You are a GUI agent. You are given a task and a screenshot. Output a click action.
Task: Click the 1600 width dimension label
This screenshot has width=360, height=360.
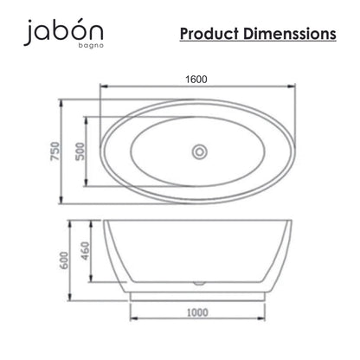[x=196, y=80]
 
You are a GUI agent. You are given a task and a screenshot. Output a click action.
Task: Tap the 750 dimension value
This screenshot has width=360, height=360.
[x=55, y=151]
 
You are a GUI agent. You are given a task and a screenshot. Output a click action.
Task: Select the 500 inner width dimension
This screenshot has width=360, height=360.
[x=80, y=151]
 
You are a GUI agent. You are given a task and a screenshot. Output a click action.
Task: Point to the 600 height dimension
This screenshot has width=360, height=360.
[x=64, y=260]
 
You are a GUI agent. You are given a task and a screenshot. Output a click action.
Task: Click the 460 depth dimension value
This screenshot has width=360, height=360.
[x=86, y=251]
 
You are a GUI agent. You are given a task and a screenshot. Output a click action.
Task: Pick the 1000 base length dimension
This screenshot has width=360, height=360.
[x=197, y=312]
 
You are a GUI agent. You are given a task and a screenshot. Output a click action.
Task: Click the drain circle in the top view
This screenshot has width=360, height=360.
[x=200, y=151]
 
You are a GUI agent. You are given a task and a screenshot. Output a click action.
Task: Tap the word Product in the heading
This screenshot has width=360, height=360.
[x=209, y=34]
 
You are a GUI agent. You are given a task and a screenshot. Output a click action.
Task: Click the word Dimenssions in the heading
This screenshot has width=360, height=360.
[x=290, y=34]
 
